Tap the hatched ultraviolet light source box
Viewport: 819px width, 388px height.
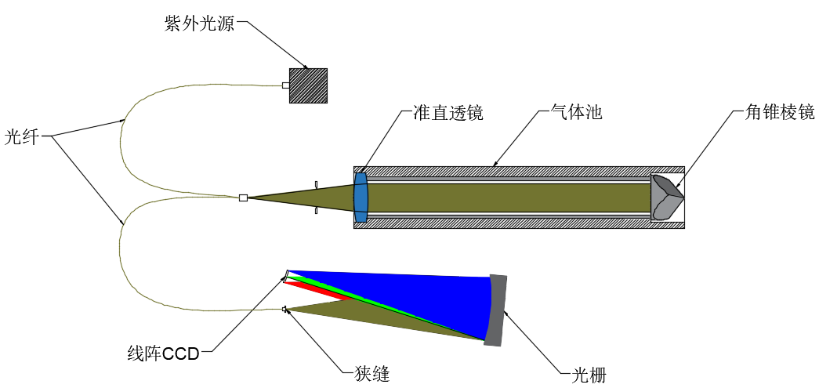click(308, 85)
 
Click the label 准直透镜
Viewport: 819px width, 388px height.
click(448, 113)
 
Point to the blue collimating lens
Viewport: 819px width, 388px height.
click(361, 198)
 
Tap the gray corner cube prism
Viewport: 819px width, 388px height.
click(666, 198)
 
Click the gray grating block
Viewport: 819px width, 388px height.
click(497, 310)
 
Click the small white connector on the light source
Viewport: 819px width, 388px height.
click(286, 85)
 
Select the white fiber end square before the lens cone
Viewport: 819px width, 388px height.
click(243, 198)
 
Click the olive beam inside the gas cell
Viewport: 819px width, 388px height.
click(509, 198)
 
